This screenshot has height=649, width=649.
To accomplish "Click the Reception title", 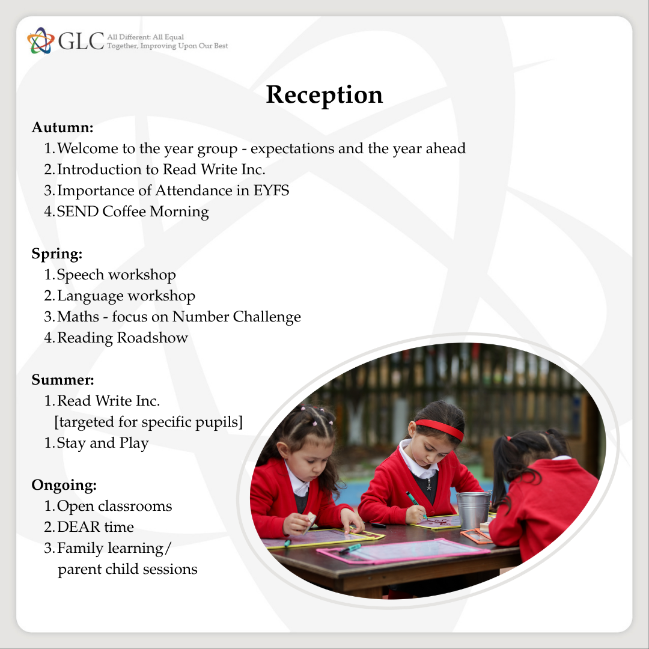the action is [324, 95].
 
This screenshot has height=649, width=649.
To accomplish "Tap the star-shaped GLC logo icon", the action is [41, 41].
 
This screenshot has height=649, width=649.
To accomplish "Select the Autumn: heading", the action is [62, 127].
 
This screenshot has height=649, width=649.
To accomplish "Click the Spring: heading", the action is [57, 254].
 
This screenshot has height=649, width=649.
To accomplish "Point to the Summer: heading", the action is [63, 380].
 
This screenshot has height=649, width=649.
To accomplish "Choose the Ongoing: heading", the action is [64, 485].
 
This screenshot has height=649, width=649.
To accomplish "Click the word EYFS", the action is [271, 190].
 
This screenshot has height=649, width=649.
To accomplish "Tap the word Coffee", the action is [124, 212].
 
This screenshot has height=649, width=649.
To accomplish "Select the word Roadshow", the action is [152, 338].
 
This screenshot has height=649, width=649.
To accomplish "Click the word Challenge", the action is [267, 317].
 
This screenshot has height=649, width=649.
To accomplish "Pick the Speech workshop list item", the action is [117, 275].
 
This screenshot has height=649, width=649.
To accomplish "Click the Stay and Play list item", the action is [103, 443].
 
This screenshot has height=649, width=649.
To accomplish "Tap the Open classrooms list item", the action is [114, 506].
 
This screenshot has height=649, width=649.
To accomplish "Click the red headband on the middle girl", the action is [439, 428].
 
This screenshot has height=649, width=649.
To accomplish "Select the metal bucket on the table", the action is [473, 510].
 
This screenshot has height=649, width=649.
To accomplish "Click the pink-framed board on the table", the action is [404, 551].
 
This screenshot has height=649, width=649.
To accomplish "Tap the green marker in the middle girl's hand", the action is [416, 504].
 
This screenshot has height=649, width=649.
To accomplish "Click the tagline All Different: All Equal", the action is [145, 37].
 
